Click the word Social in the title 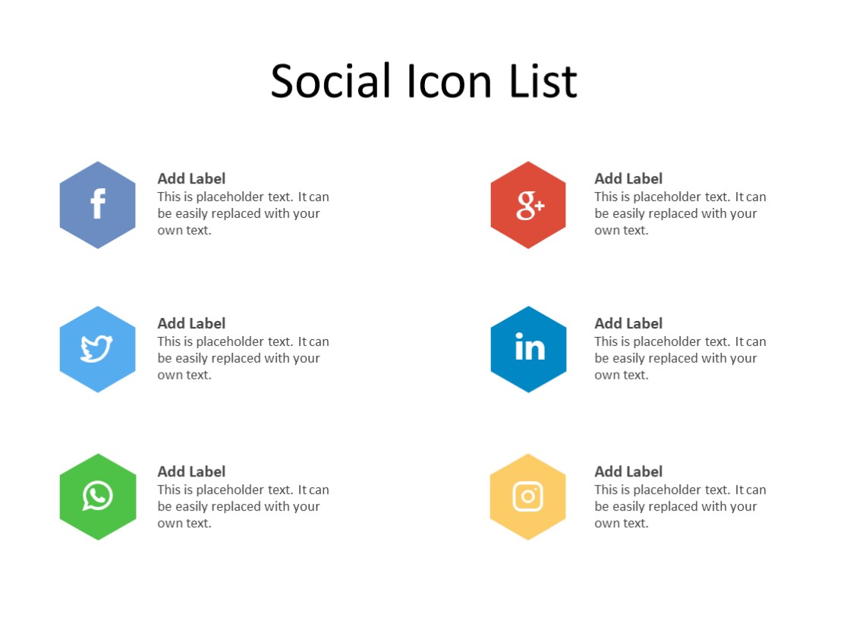331,81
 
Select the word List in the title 543,81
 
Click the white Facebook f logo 98,205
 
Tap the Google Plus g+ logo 530,205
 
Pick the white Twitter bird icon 96,349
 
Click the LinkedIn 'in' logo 529,348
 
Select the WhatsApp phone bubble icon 97,496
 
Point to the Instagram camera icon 528,497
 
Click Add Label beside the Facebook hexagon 191,178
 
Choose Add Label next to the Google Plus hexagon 628,178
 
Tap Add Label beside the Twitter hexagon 191,323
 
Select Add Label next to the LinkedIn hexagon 628,323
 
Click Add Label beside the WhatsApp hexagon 191,471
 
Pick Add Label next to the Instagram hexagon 628,471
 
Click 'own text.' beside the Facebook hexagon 184,230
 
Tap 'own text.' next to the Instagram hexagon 622,523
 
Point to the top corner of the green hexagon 98,455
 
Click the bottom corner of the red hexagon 528,247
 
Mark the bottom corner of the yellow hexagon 528,540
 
